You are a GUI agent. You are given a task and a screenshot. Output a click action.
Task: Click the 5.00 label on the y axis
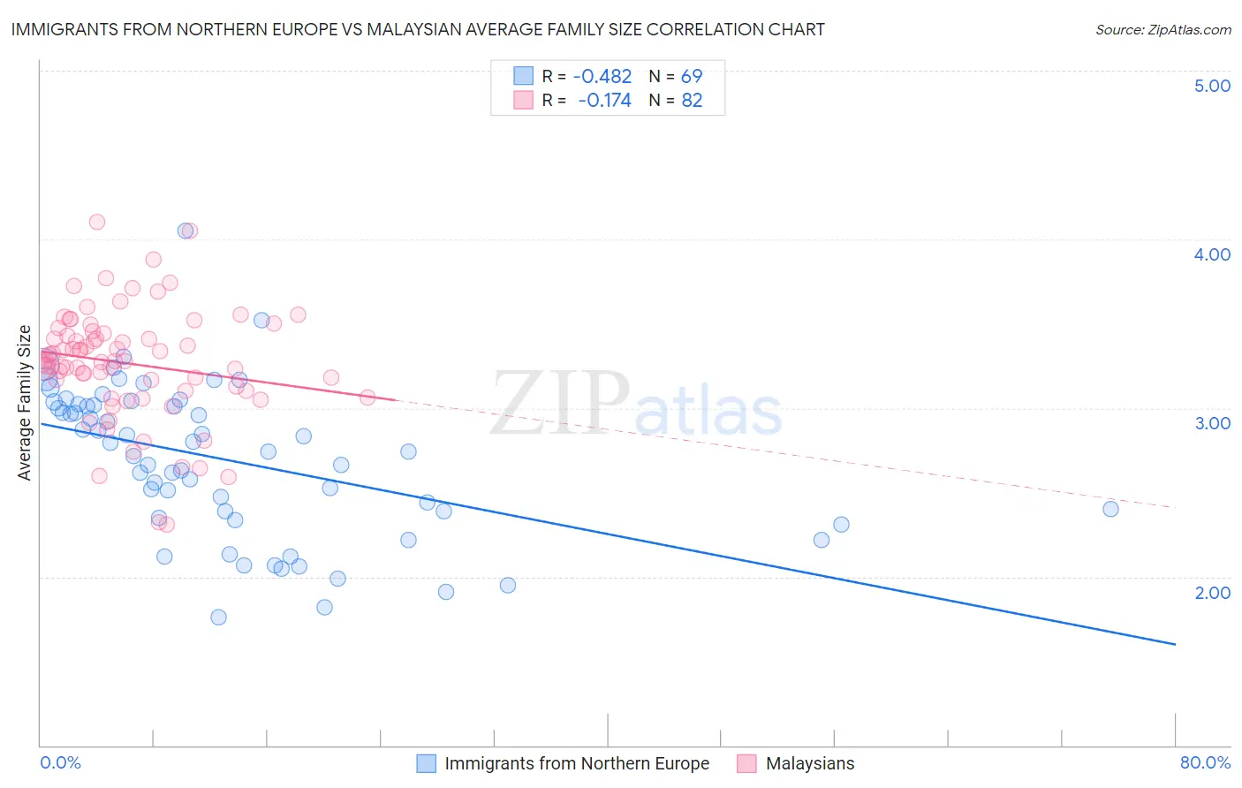(x=1212, y=86)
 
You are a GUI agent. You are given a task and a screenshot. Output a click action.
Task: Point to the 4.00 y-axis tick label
(x=1212, y=254)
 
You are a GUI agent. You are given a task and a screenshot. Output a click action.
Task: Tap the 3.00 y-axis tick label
(x=1212, y=423)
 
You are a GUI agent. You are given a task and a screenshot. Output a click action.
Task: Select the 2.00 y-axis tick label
(x=1212, y=593)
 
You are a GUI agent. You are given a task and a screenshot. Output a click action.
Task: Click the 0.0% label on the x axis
(x=60, y=762)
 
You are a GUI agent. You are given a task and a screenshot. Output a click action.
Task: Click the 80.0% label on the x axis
(x=1205, y=762)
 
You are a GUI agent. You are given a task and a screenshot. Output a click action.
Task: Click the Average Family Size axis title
(x=25, y=403)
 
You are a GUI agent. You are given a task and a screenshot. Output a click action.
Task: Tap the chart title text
(x=419, y=29)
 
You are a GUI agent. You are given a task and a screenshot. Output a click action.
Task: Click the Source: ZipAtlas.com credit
(x=1162, y=30)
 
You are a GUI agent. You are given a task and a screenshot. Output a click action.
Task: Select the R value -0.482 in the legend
(x=602, y=77)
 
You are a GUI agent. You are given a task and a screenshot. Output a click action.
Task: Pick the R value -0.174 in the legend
(x=604, y=101)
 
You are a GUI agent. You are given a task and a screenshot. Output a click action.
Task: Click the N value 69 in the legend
(x=692, y=77)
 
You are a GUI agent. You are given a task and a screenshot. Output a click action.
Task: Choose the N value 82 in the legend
(x=692, y=101)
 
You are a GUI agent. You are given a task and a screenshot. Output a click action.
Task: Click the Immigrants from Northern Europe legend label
(x=577, y=763)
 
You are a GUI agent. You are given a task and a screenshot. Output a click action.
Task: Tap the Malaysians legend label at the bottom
(x=810, y=763)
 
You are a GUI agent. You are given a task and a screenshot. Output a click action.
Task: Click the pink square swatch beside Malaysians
(x=746, y=763)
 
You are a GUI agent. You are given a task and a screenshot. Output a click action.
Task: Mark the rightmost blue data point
(x=1110, y=509)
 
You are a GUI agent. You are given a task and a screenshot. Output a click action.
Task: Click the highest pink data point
(x=97, y=222)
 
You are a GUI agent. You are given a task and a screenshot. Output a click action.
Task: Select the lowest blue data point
(x=218, y=618)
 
